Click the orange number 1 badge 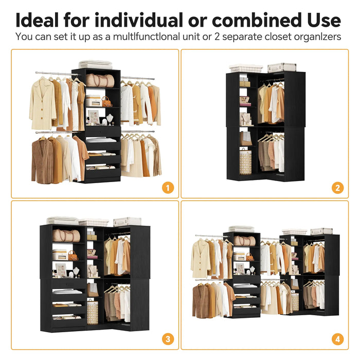pyautogui.click(x=167, y=187)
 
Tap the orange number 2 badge pyautogui.click(x=337, y=187)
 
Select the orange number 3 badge pyautogui.click(x=167, y=339)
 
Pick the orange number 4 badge pyautogui.click(x=337, y=339)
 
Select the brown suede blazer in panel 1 pyautogui.click(x=42, y=160)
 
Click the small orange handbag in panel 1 pyautogui.click(x=106, y=101)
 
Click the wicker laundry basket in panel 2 pyautogui.click(x=245, y=161)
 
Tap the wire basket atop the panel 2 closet pyautogui.click(x=246, y=68)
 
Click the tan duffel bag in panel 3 pyautogui.click(x=67, y=236)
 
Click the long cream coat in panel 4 pyautogui.click(x=201, y=258)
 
